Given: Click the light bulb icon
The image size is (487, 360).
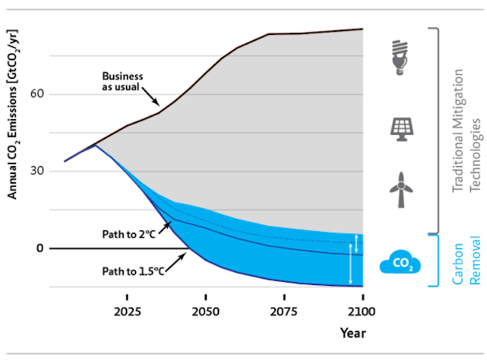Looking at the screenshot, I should click(x=401, y=58).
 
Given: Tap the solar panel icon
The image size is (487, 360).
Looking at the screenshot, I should click(x=401, y=129).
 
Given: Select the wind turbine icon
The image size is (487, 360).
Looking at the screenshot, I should click(x=401, y=190).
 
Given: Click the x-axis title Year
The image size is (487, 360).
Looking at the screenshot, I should click(x=353, y=334).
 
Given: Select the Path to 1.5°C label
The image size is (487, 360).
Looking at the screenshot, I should click(x=132, y=271).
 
